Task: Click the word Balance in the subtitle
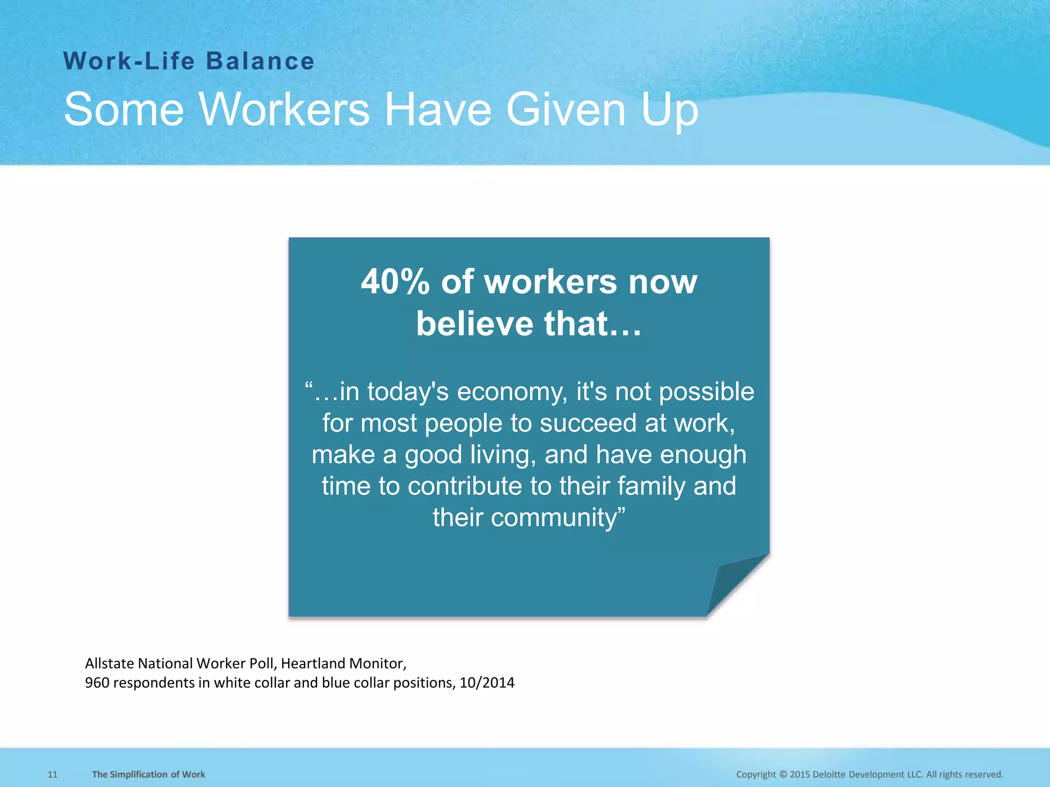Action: click(x=260, y=61)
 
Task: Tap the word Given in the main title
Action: click(x=566, y=109)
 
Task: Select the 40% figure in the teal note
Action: click(x=395, y=282)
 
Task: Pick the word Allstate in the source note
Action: click(x=110, y=664)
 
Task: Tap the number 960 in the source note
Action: click(x=97, y=683)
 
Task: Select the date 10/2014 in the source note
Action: click(x=487, y=683)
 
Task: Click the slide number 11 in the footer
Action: click(x=52, y=774)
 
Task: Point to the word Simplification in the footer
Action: click(x=139, y=774)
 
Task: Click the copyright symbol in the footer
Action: click(x=783, y=774)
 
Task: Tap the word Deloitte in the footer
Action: click(x=833, y=774)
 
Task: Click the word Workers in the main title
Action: click(x=284, y=109)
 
